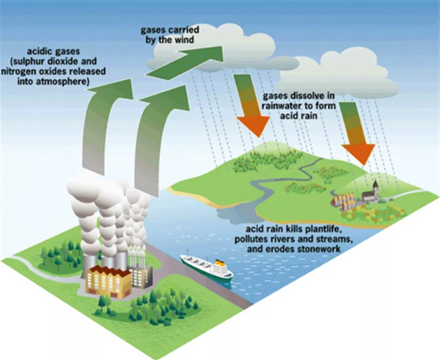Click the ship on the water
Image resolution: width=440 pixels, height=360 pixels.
pos(206,267)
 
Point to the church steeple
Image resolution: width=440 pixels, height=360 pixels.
pos(375,186)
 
